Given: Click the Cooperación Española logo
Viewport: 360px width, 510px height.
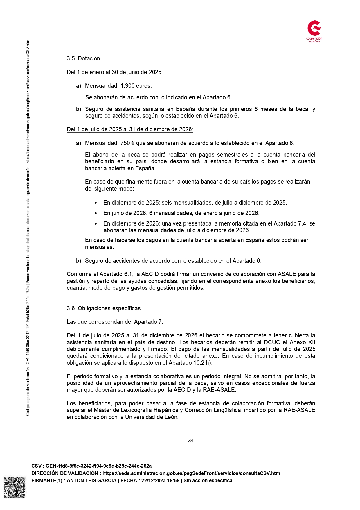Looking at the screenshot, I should (x=314, y=31).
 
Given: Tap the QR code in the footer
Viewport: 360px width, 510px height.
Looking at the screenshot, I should (x=15, y=487).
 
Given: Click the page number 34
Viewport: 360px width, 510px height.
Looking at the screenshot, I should (x=191, y=441).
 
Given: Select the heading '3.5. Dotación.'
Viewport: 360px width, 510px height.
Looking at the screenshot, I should (x=84, y=58).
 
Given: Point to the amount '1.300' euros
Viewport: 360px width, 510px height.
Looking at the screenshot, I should (x=127, y=86).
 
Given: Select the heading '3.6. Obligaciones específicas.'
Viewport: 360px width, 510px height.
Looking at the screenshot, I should (x=104, y=308).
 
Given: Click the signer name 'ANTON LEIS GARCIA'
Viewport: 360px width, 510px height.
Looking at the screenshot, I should (x=91, y=480).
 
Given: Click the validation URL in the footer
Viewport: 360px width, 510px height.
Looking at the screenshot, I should (x=191, y=473).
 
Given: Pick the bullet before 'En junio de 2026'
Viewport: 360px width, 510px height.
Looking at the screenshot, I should (x=96, y=213).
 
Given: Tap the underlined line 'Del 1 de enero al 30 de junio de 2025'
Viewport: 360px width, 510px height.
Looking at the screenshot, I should (x=114, y=72).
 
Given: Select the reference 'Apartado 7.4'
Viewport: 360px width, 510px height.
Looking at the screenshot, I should (x=289, y=223).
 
